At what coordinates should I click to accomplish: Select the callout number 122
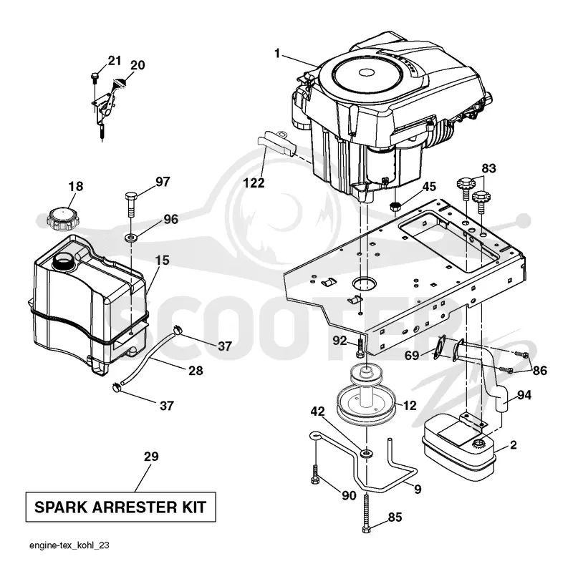(254, 183)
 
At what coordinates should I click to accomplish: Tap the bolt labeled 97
(131, 204)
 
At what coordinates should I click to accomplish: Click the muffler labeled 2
(458, 446)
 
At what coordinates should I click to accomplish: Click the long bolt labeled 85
(367, 513)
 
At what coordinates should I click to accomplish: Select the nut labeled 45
(395, 206)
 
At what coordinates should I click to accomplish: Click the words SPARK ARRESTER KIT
(120, 507)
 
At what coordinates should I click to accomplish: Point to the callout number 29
(151, 457)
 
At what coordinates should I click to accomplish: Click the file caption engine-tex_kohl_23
(69, 545)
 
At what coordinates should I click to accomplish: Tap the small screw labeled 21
(95, 77)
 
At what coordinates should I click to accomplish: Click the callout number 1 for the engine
(277, 54)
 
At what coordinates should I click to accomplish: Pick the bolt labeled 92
(360, 346)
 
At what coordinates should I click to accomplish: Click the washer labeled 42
(367, 453)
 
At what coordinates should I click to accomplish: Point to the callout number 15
(162, 260)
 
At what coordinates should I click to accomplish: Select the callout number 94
(524, 395)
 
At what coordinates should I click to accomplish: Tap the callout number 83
(488, 168)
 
